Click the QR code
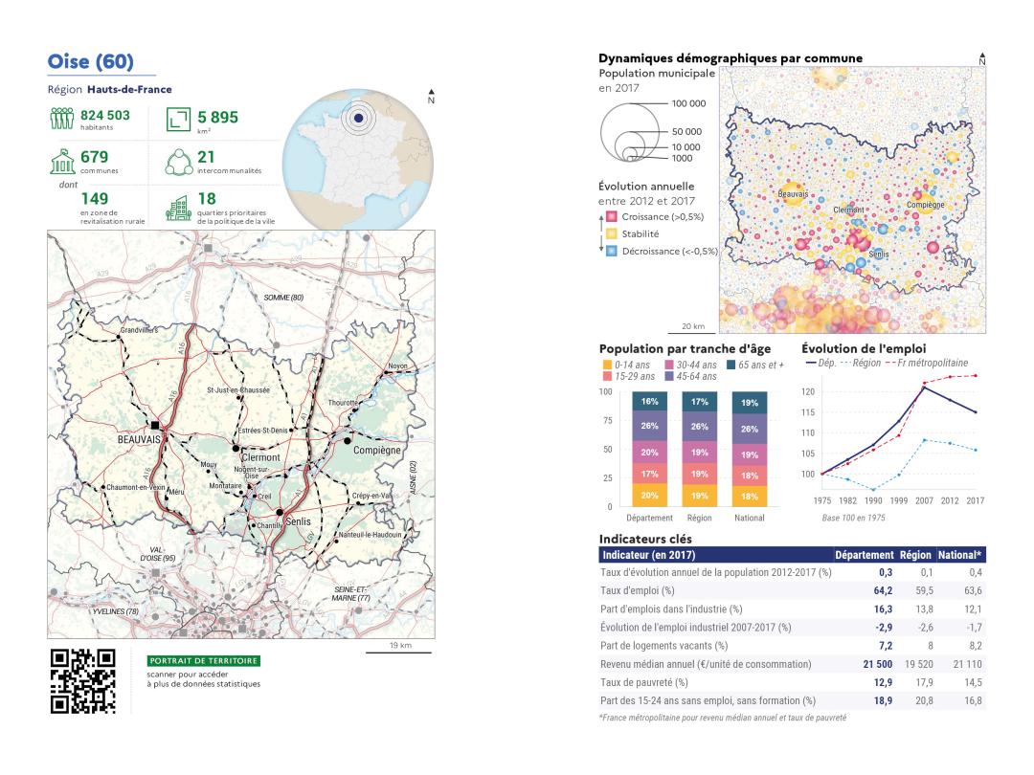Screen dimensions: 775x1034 point(82,681)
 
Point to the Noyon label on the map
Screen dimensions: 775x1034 point(398,366)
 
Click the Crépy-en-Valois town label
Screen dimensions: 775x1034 point(372,496)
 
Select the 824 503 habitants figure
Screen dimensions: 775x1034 point(104,116)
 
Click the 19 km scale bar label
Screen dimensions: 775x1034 point(400,646)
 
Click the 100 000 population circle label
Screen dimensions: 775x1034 point(688,103)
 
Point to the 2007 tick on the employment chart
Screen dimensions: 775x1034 point(925,499)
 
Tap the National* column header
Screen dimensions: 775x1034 point(966,555)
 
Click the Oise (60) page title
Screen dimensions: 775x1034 point(92,62)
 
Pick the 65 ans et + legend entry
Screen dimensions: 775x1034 point(764,365)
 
